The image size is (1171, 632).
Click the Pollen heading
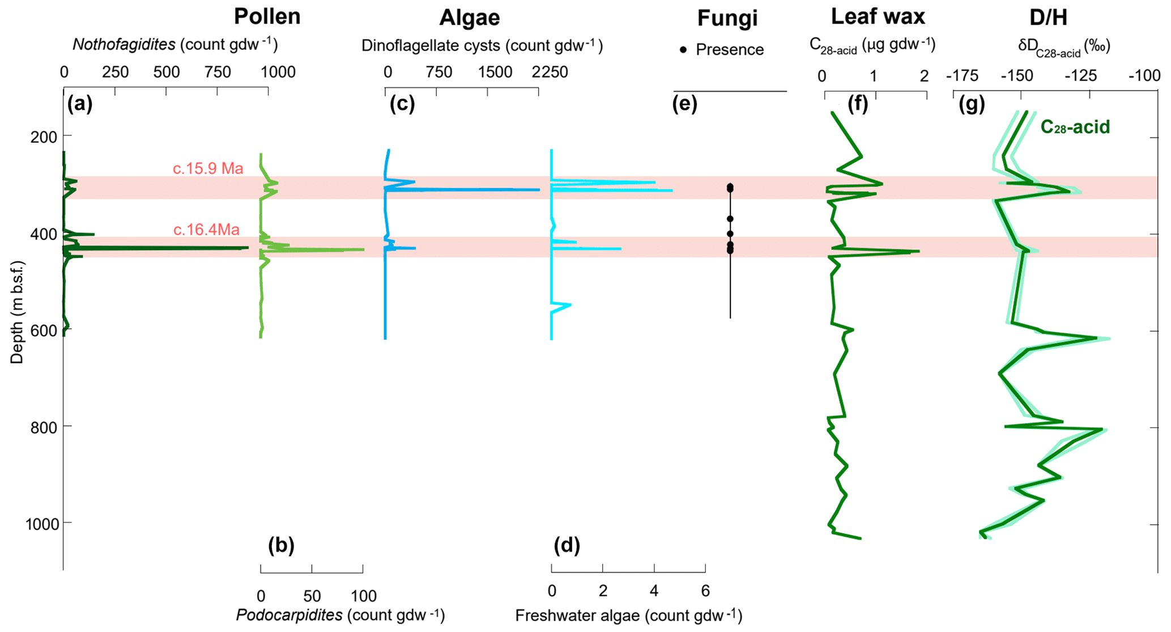(x=267, y=16)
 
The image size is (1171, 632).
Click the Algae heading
(x=469, y=18)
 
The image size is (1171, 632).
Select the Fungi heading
(x=727, y=18)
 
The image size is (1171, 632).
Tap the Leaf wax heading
(x=878, y=16)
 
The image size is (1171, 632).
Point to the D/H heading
(x=1048, y=18)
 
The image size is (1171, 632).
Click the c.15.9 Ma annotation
(x=208, y=168)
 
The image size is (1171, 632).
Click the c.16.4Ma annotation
(x=206, y=230)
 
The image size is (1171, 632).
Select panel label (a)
(x=79, y=104)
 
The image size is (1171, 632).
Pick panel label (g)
(x=972, y=104)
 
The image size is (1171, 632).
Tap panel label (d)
(x=567, y=545)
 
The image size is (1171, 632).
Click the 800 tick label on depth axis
(x=41, y=427)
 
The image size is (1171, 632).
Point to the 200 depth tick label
(x=41, y=137)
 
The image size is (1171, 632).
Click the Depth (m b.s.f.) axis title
(x=17, y=312)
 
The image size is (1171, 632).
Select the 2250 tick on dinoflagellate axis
(x=549, y=72)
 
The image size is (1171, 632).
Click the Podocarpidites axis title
(x=340, y=615)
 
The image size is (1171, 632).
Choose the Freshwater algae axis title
(x=628, y=615)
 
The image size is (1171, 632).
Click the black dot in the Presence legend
(x=683, y=50)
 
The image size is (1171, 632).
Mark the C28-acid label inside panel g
(x=1075, y=127)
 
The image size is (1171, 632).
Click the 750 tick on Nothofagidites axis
(x=218, y=72)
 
